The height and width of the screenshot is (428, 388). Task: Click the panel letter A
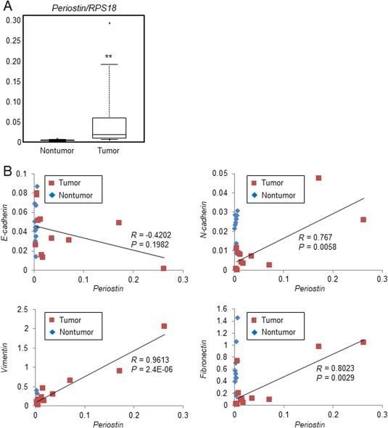pyautogui.click(x=6, y=7)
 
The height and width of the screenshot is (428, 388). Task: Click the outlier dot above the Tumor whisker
pyautogui.click(x=110, y=23)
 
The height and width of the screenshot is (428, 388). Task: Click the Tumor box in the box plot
pyautogui.click(x=108, y=127)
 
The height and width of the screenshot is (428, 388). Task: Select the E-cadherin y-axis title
pyautogui.click(x=9, y=221)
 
